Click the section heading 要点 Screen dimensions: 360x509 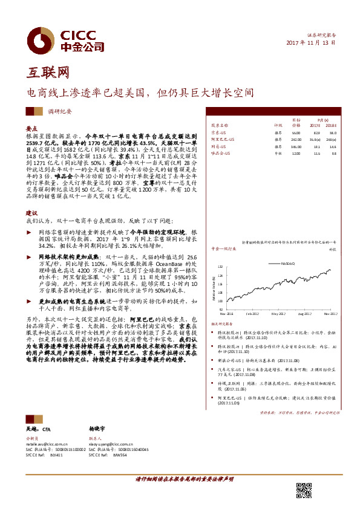pyautogui.click(x=32, y=129)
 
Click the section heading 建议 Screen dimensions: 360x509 pyautogui.click(x=32, y=213)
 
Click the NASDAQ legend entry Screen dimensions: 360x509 pyautogui.click(x=287, y=263)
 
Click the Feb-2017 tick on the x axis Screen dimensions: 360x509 pyautogui.click(x=252, y=314)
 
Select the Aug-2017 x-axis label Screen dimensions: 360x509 pyautogui.click(x=306, y=314)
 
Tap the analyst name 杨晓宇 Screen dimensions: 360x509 pyautogui.click(x=97, y=427)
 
